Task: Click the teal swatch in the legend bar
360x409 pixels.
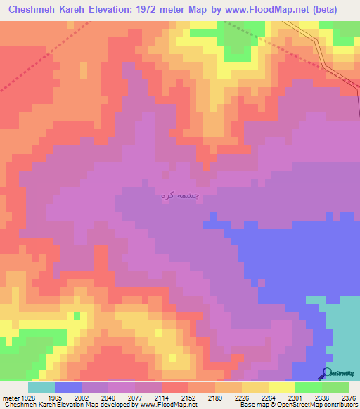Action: (41, 387)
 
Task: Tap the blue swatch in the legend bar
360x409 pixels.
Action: (67, 387)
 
